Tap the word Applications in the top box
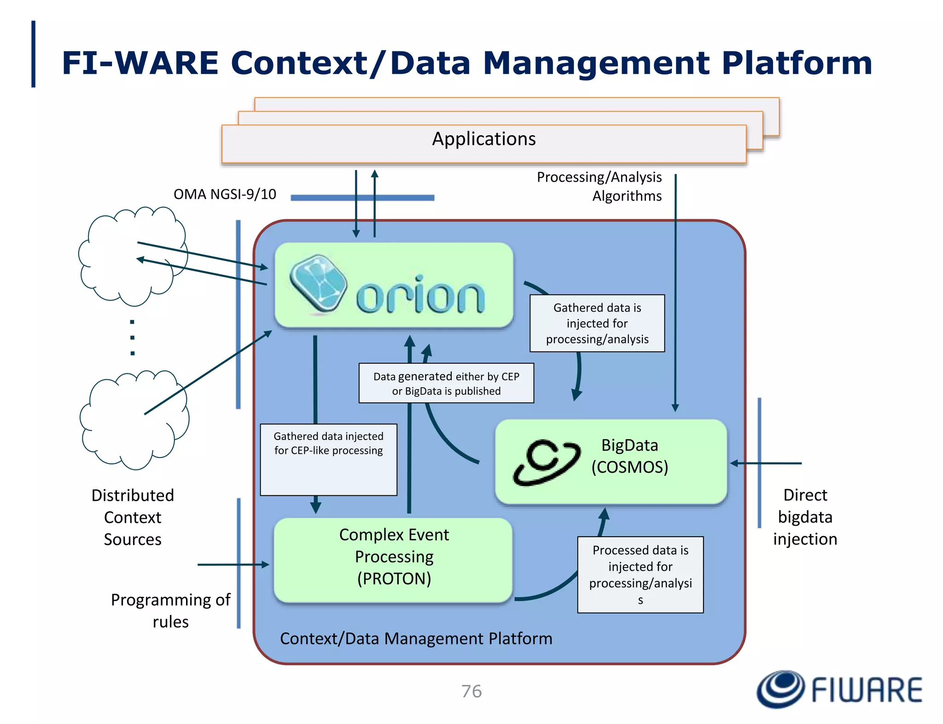(483, 139)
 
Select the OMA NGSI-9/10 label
(225, 194)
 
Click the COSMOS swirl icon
(547, 462)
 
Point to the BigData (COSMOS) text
(629, 456)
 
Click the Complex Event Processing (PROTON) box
(394, 560)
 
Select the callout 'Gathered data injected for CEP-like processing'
(328, 459)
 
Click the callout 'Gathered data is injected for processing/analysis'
(597, 323)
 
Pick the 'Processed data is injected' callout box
(640, 574)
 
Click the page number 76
(471, 691)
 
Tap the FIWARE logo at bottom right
(839, 689)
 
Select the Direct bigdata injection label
(805, 517)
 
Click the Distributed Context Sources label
(133, 517)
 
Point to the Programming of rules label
(170, 610)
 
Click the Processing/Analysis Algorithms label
(599, 186)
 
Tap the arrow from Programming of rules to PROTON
(233, 564)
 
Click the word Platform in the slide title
(797, 63)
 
